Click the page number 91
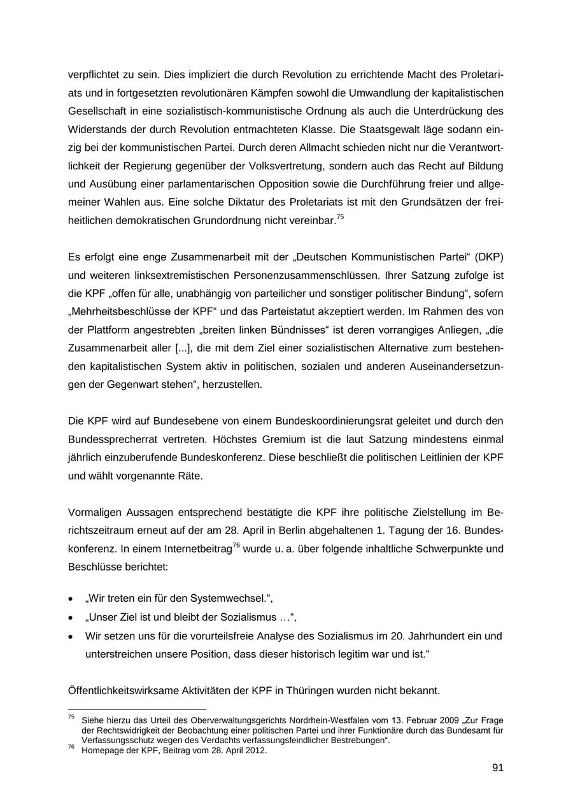(497, 768)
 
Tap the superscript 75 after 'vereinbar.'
(340, 217)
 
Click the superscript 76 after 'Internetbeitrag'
(236, 545)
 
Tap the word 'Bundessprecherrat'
(108, 439)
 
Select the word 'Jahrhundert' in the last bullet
(434, 636)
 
